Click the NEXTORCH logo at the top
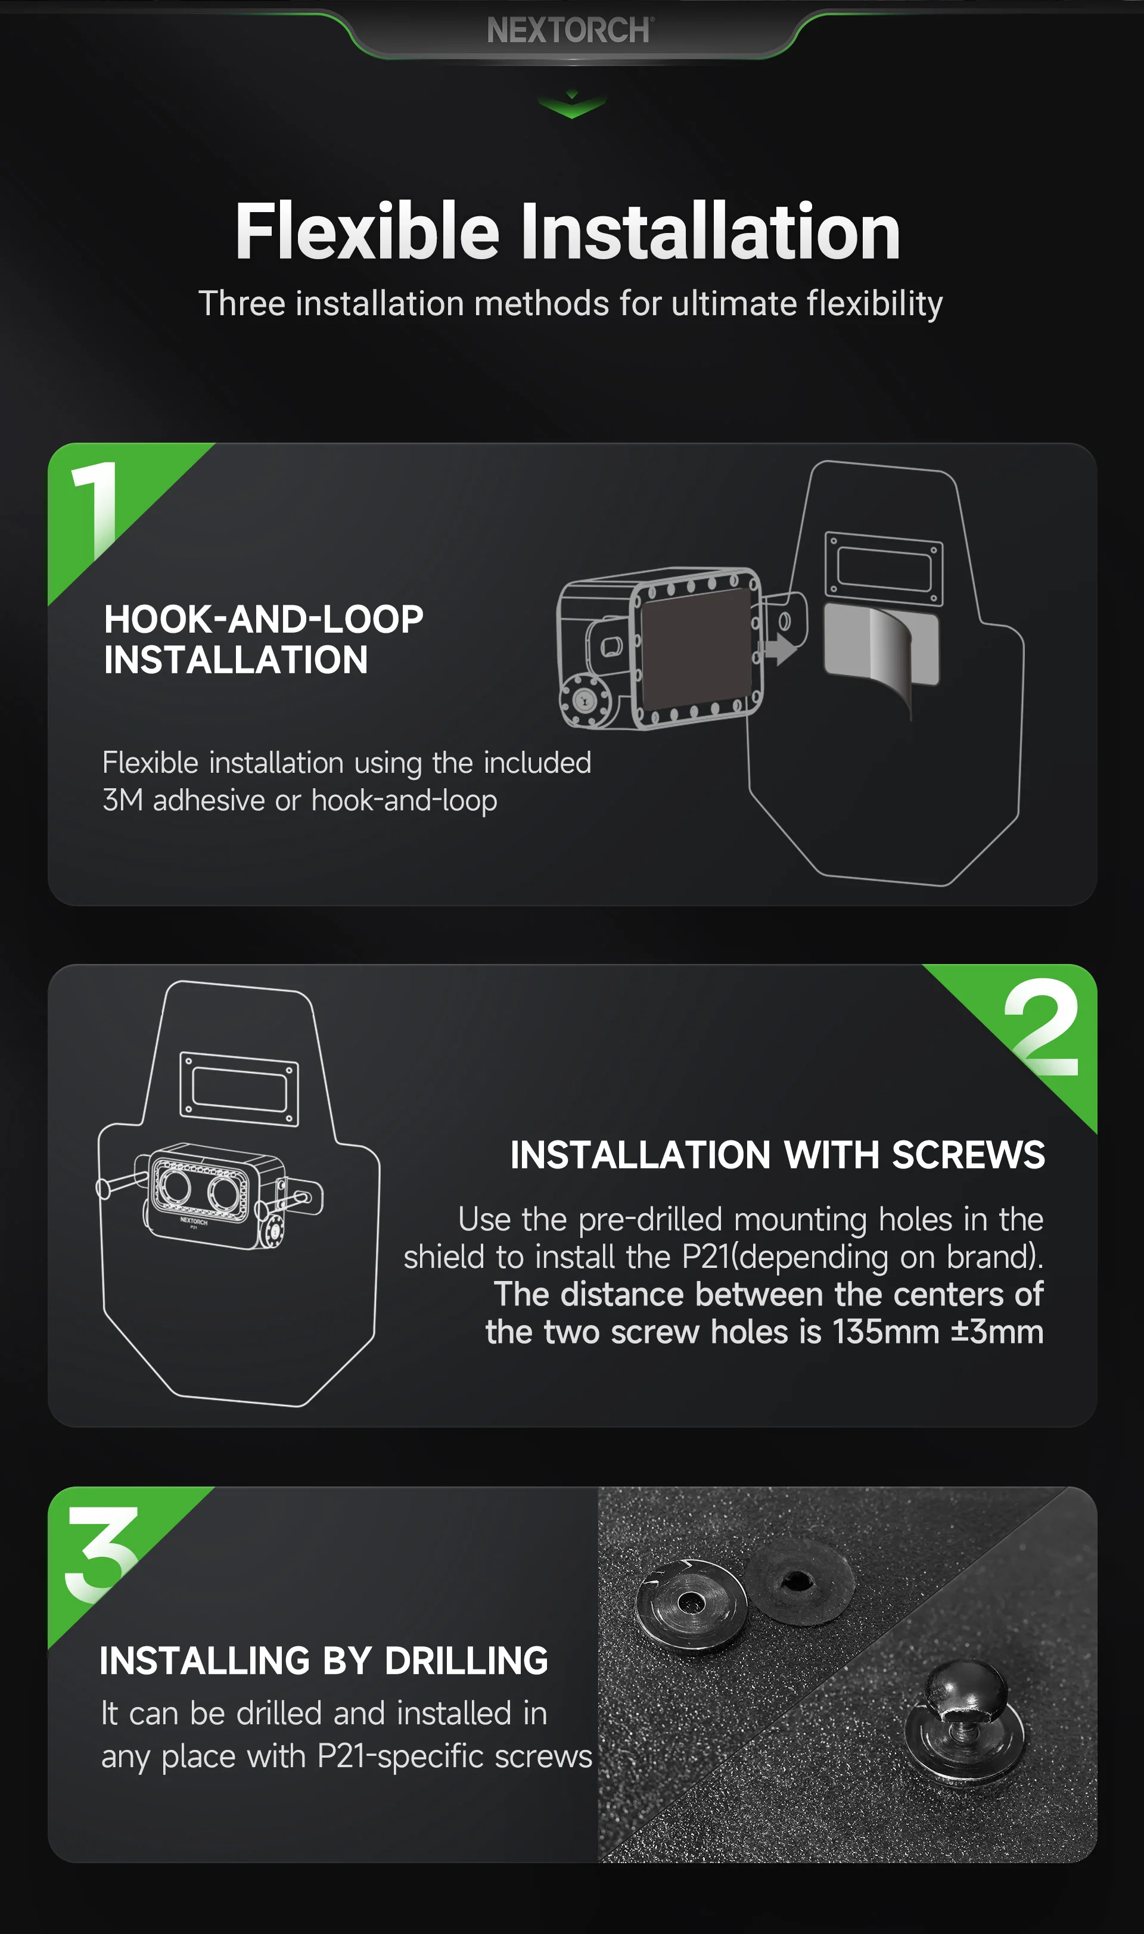tap(570, 30)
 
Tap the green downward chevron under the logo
tap(571, 105)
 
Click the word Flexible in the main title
tap(368, 231)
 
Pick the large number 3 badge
tap(102, 1553)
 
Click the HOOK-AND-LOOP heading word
tap(263, 619)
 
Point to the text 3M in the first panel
tap(123, 800)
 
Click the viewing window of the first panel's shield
tap(884, 568)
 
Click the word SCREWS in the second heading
tap(968, 1155)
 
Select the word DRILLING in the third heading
tap(467, 1661)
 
